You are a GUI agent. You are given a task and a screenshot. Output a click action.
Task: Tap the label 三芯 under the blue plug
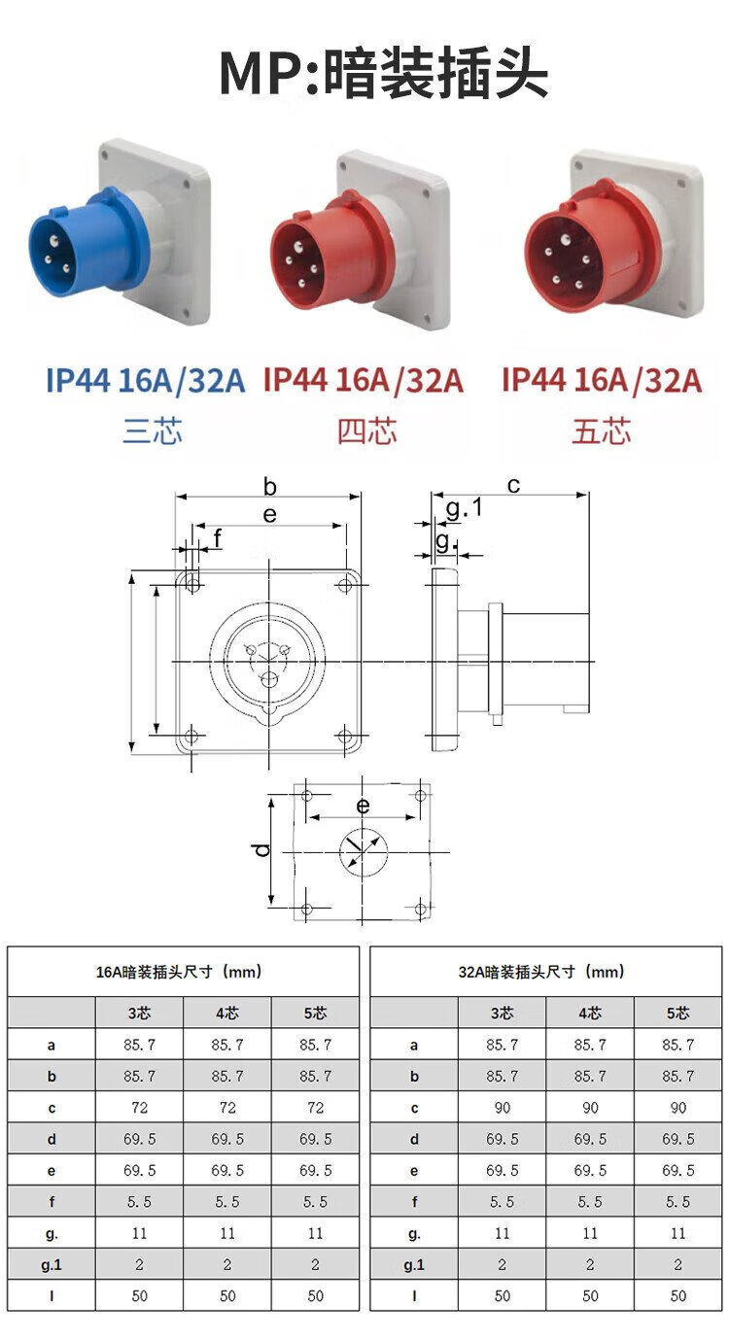(x=153, y=431)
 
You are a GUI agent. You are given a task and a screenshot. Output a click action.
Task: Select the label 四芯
(x=367, y=431)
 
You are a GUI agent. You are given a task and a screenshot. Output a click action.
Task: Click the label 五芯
(x=601, y=431)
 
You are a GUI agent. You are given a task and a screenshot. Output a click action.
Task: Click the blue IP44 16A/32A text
(x=146, y=381)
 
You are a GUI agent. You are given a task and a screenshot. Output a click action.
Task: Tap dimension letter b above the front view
(x=270, y=486)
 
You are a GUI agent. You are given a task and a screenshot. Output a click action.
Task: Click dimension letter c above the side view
(x=513, y=484)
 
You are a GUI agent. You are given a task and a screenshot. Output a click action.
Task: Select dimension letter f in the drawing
(x=217, y=536)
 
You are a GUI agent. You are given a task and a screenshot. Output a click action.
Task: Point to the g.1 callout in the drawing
(x=464, y=508)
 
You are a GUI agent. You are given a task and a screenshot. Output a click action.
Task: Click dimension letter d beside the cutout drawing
(x=260, y=850)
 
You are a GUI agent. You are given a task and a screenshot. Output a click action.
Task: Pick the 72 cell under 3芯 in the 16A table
(x=139, y=1108)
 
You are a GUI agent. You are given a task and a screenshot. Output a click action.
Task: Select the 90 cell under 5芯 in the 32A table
(x=677, y=1108)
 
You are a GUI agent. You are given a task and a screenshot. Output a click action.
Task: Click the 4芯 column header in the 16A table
(x=227, y=1014)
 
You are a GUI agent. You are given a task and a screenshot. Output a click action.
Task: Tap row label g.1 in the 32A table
(x=414, y=1264)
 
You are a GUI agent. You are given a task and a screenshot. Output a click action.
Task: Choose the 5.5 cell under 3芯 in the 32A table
(x=502, y=1202)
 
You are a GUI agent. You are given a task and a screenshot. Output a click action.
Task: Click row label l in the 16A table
(x=52, y=1296)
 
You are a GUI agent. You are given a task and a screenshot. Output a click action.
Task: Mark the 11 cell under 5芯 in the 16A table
(x=315, y=1233)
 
